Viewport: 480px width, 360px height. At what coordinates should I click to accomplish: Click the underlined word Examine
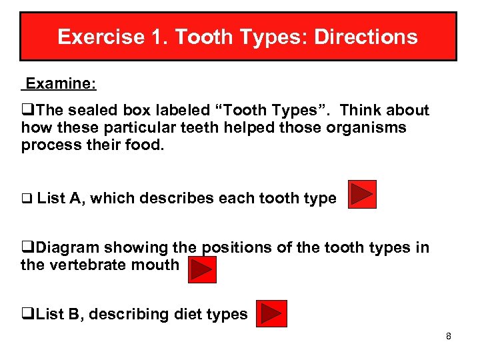click(x=59, y=83)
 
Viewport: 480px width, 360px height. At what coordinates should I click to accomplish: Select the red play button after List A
click(x=362, y=194)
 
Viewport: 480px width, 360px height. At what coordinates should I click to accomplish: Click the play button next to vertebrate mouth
click(x=202, y=269)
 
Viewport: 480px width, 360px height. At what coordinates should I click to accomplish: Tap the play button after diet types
click(x=273, y=313)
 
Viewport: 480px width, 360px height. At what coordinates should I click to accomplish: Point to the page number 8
click(x=449, y=336)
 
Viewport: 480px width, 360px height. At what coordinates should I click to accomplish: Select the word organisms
click(x=366, y=127)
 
